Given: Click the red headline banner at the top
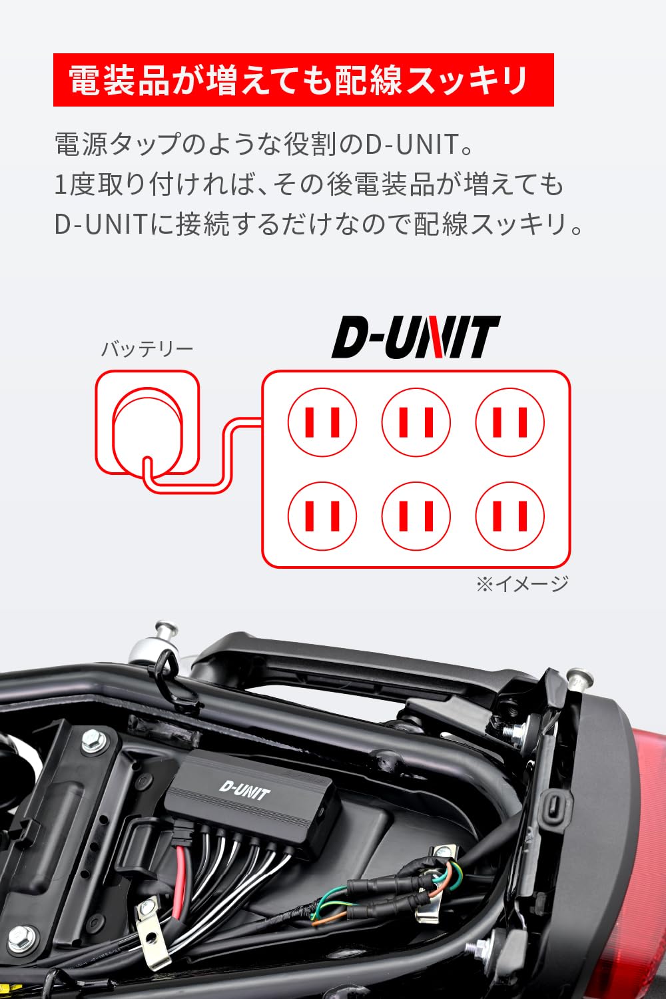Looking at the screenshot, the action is click(x=303, y=80).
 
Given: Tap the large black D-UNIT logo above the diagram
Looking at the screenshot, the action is click(x=416, y=338).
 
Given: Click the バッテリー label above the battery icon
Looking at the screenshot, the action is click(x=147, y=349).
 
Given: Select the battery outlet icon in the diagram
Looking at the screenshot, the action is click(x=147, y=422).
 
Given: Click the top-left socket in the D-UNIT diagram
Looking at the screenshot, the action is click(x=322, y=422).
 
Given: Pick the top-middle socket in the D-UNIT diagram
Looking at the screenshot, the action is click(x=416, y=422).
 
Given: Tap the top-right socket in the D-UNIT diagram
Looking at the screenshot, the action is click(x=510, y=422).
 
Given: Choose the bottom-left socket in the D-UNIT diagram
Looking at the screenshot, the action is click(x=322, y=516).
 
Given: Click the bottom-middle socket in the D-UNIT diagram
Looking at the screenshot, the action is click(x=416, y=516).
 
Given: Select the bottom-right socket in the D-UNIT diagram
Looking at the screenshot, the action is click(x=510, y=516).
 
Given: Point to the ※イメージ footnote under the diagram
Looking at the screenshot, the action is click(x=522, y=583).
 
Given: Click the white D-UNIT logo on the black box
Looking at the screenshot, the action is click(x=244, y=791).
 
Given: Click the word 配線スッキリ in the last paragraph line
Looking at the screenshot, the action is click(x=490, y=224).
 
